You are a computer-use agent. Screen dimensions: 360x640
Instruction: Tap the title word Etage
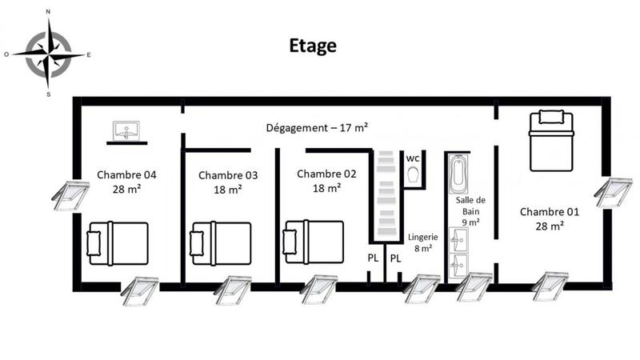click(313, 46)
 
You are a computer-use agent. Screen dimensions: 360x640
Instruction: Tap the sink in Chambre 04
click(126, 130)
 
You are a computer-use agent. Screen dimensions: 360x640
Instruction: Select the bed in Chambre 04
click(118, 242)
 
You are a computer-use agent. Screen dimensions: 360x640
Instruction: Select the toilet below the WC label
click(413, 175)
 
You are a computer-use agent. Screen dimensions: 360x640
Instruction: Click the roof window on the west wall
click(70, 194)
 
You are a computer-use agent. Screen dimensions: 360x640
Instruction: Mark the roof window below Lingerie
click(422, 287)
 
